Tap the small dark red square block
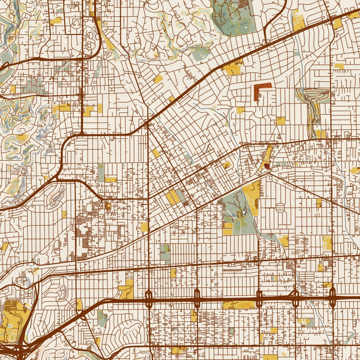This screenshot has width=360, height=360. pos(267,166)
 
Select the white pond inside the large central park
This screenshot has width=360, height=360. pos(244,213)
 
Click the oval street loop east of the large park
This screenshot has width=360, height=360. pos(280,209)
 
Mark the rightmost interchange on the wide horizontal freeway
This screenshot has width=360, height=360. pos(332,298)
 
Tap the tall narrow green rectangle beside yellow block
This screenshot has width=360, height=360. pos(101,172)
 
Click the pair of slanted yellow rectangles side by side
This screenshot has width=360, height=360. pos(173,197)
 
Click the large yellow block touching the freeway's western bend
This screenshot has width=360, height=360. pos(126,292)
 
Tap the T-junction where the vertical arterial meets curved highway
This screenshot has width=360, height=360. pos(83,134)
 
